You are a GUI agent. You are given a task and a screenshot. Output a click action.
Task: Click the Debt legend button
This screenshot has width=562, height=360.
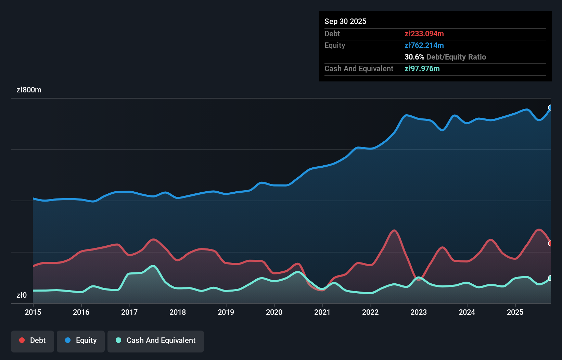33,340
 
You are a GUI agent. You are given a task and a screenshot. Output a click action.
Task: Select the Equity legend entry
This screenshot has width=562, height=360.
81,340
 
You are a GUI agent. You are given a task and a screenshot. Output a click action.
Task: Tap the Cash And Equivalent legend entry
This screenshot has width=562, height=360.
156,340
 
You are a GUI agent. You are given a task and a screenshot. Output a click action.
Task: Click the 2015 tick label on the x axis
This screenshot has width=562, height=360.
33,312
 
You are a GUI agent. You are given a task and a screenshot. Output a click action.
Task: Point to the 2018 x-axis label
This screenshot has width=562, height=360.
178,312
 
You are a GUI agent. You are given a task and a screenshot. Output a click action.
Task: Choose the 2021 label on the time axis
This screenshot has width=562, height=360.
322,312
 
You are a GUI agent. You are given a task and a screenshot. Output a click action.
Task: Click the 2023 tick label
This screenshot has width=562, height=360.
419,312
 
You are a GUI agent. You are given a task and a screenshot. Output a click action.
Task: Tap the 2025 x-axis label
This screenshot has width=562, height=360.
515,312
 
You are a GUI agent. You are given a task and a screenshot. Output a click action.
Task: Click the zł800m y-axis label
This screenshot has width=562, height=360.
29,90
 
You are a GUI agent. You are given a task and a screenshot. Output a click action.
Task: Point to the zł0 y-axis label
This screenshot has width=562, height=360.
22,295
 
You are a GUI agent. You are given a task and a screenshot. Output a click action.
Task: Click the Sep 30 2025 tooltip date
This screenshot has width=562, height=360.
345,21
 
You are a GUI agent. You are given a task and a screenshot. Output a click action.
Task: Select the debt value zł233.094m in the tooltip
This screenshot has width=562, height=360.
424,34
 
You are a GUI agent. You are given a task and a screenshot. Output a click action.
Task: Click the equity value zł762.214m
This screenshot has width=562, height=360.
424,45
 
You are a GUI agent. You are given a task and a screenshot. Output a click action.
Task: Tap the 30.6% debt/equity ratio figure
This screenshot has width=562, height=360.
414,57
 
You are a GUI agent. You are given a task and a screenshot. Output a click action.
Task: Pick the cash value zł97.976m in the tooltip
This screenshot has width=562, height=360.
422,68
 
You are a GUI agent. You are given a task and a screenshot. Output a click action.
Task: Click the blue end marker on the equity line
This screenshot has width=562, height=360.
550,108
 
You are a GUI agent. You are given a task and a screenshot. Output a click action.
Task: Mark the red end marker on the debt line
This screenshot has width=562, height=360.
550,243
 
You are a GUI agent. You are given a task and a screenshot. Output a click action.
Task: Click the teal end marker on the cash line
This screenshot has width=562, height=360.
550,278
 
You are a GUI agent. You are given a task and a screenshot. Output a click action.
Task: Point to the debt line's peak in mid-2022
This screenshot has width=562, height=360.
395,230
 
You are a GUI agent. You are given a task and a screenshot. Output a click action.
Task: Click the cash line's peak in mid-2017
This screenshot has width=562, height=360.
153,266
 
